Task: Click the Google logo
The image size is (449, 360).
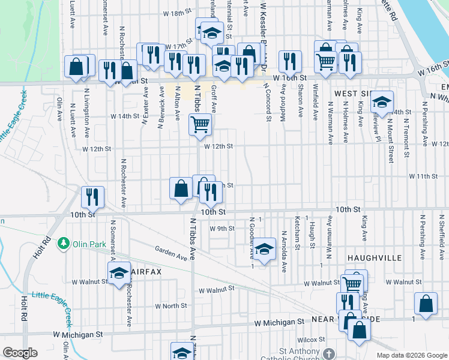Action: pos(20,353)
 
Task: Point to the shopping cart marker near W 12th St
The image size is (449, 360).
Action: pos(200,125)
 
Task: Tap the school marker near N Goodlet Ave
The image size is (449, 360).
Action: pos(264,248)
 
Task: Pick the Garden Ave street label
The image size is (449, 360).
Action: pos(170,253)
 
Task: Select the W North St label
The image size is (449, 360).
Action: pos(171,306)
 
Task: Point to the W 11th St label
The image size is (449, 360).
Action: pos(424,176)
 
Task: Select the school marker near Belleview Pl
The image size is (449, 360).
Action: pos(381,103)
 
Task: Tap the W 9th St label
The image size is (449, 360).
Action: pos(221,229)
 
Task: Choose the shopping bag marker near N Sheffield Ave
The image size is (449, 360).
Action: pos(426,304)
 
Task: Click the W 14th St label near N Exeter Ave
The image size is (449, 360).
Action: pos(124,116)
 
